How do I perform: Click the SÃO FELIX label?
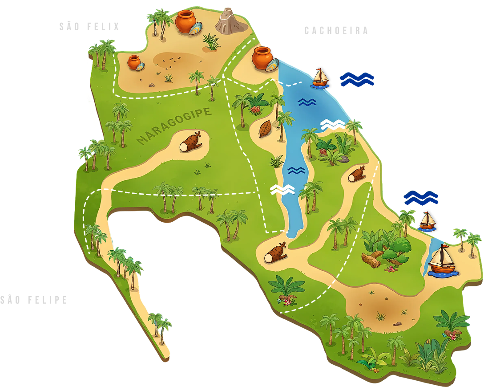coord(89,27)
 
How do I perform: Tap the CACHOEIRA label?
coord(336,31)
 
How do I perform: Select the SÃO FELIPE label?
coord(34,300)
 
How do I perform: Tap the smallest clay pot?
coord(133,62)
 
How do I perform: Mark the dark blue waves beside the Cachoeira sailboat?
coord(357,79)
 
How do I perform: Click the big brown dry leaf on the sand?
coord(265,129)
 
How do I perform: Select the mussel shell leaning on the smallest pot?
coord(141,67)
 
